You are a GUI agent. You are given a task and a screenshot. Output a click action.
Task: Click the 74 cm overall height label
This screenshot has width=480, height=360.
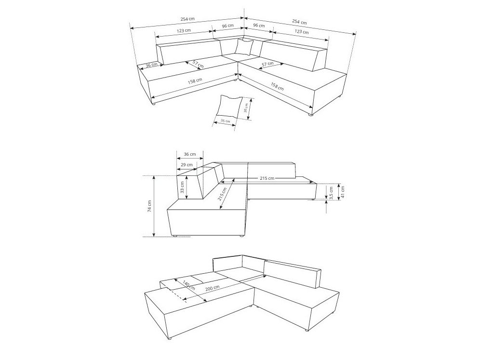coord(149,206)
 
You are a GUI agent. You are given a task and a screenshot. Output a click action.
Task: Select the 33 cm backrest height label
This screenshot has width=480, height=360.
coord(183,187)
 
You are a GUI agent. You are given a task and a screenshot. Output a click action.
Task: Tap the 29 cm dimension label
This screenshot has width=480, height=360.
coord(186,165)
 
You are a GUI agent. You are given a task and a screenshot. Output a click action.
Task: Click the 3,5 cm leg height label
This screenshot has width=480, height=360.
coord(331,193)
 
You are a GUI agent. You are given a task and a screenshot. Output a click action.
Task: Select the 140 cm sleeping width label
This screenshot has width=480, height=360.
coord(188,285)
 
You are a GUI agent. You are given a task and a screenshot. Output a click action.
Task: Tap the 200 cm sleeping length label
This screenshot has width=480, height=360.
coord(213,288)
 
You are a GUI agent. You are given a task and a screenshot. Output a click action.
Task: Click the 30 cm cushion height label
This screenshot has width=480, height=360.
coord(246,108)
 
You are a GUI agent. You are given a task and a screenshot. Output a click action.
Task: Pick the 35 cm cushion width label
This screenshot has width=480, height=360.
coord(225,121)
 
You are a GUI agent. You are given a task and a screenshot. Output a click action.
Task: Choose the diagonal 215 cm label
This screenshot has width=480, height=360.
coord(222,194)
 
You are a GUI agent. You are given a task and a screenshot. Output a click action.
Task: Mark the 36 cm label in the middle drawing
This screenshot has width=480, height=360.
coord(189,154)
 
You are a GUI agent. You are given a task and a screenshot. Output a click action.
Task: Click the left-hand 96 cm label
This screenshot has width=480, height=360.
coord(228,26)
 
